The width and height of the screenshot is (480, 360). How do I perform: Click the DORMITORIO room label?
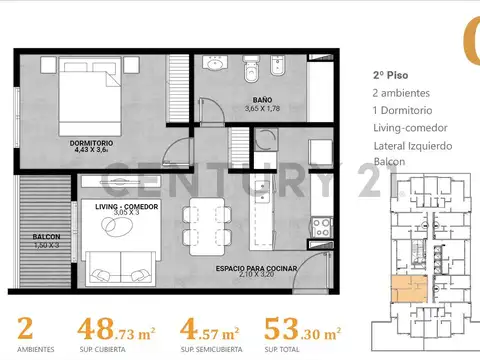pos(91,143)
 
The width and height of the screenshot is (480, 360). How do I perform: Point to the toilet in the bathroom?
pos(252,69)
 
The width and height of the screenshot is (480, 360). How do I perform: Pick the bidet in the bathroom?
pos(279,69)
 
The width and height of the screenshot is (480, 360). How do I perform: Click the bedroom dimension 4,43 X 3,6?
pos(91,152)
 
